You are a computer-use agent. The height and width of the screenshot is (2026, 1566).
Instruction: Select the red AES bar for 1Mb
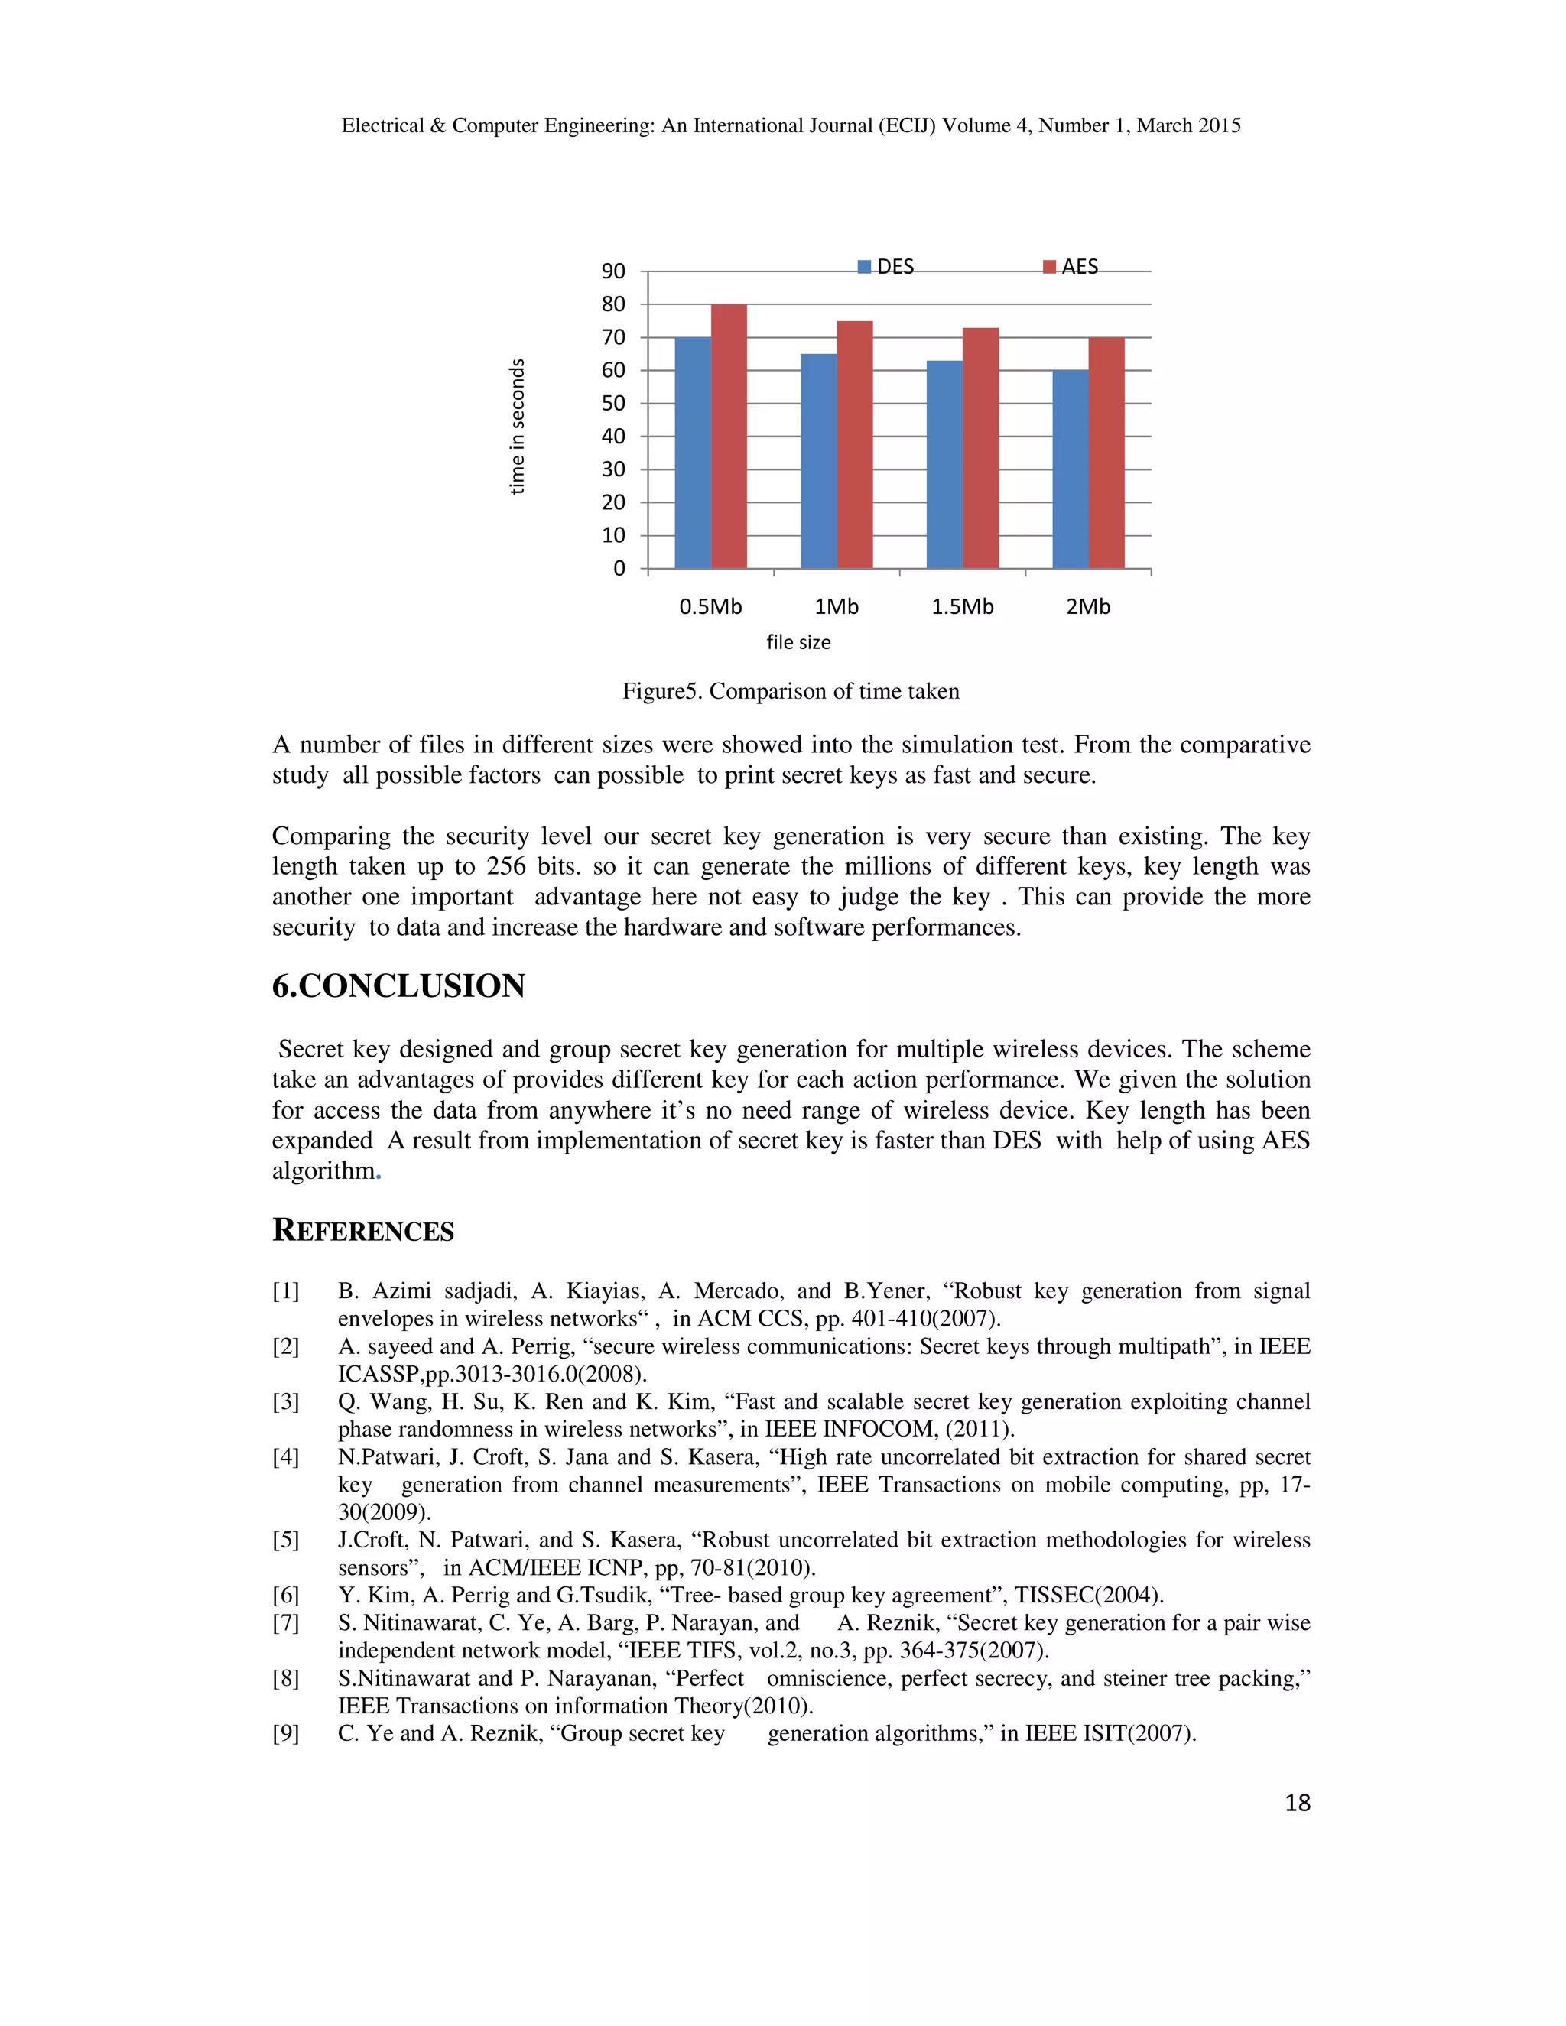point(854,444)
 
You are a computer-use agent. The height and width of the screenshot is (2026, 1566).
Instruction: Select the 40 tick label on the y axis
point(613,437)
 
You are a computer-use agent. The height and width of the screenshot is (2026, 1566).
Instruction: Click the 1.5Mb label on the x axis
point(962,607)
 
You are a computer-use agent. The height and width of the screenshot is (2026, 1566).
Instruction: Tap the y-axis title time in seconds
point(518,427)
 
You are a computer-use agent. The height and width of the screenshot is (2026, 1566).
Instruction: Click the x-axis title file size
point(798,642)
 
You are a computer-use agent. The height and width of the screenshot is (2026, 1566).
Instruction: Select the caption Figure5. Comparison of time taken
point(791,691)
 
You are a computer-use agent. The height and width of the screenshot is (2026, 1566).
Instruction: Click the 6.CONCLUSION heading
point(399,985)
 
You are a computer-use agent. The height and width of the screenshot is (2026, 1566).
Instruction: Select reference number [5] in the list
point(286,1540)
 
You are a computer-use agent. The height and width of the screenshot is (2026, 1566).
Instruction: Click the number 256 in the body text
point(506,866)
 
